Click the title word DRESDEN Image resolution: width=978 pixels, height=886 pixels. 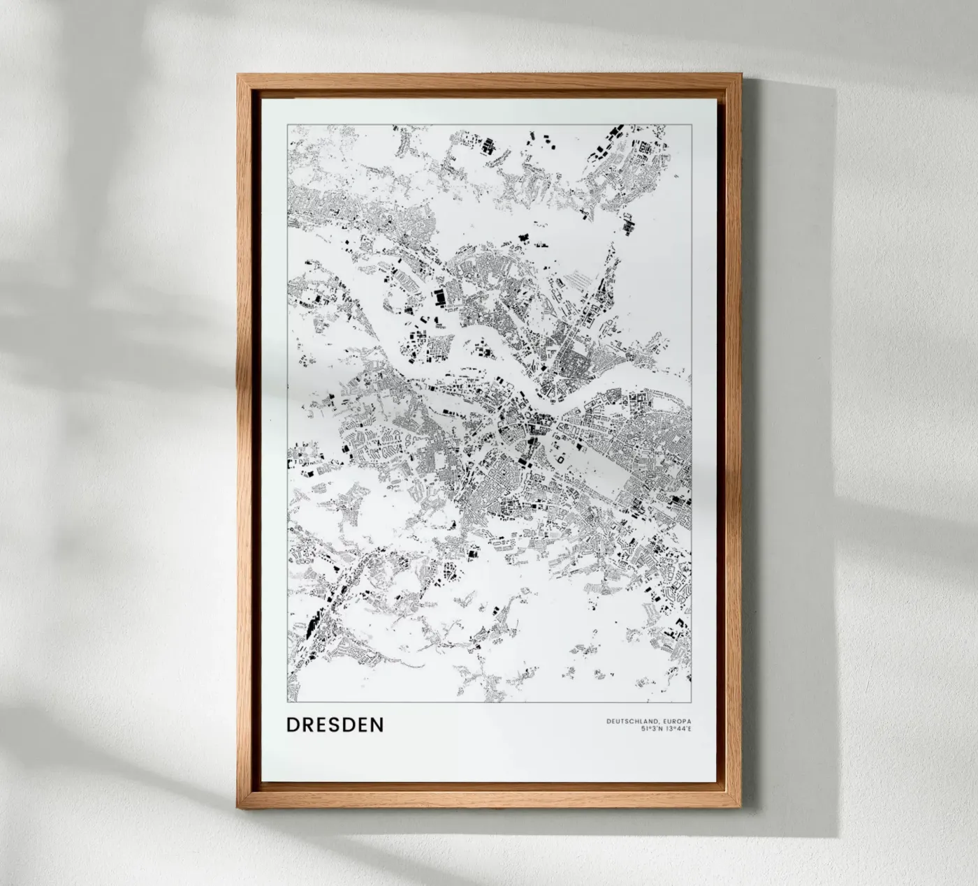[335, 725]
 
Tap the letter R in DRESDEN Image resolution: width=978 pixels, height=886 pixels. [307, 725]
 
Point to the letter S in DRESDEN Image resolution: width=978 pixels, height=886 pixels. [337, 725]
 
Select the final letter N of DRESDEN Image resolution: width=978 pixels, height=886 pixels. [377, 725]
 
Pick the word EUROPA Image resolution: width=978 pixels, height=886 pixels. [676, 721]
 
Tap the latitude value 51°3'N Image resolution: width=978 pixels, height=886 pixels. [651, 730]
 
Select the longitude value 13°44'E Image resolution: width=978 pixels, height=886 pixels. [678, 730]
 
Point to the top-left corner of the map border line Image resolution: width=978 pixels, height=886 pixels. [287, 124]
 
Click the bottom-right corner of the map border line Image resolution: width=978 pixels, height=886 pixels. [691, 700]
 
